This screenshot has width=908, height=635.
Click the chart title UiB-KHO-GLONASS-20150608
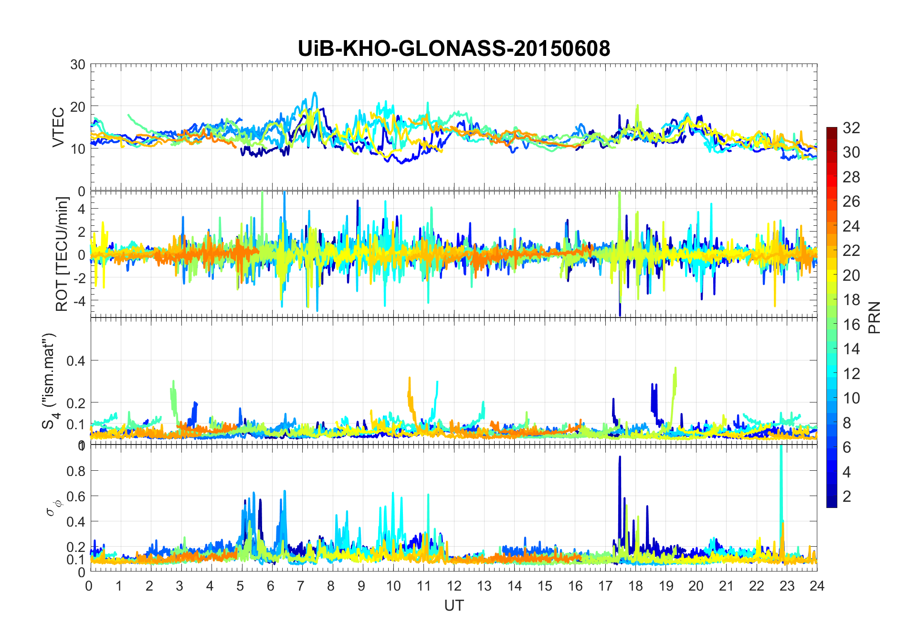454,49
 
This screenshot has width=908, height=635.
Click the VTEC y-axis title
58,127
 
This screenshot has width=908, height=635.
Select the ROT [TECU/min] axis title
62,254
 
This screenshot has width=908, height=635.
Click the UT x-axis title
454,605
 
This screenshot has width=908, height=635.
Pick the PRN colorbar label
874,317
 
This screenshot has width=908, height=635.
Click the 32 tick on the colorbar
851,127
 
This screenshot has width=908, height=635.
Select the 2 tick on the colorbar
847,496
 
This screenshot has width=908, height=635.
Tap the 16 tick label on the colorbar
851,325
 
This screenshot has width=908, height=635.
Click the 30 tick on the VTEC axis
78,64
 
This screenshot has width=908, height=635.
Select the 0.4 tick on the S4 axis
76,360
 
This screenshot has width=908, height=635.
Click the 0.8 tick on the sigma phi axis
76,471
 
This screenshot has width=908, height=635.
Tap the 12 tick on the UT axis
454,585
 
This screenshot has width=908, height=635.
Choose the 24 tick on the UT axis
817,585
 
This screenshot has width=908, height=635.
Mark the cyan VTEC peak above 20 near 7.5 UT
315,94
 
